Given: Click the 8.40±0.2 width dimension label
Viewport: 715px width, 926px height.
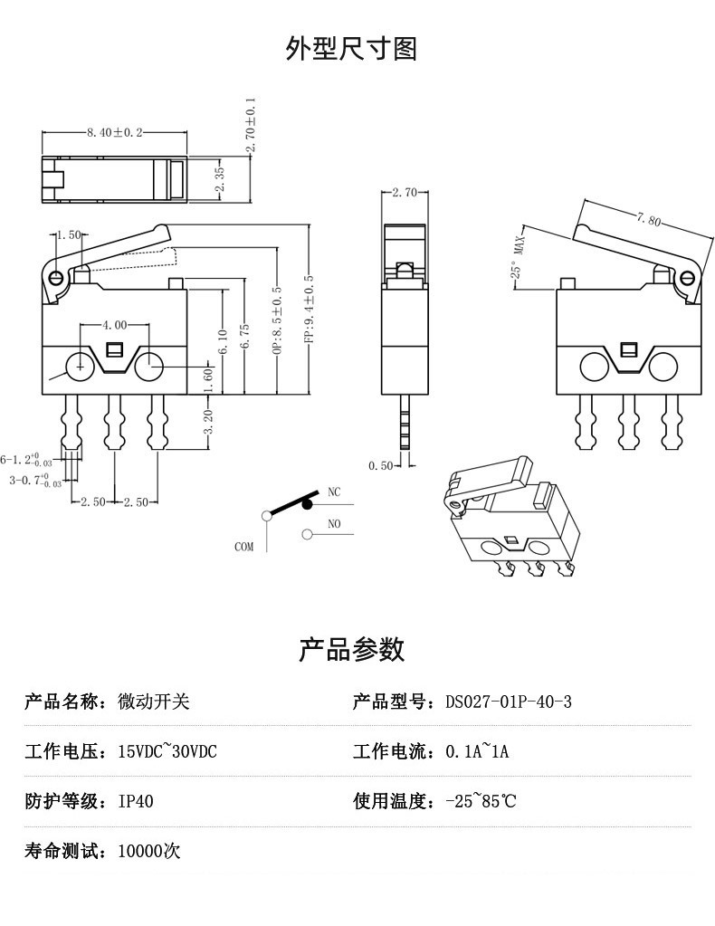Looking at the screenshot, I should (115, 133).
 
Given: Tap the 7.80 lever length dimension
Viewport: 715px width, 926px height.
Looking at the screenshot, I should (649, 220).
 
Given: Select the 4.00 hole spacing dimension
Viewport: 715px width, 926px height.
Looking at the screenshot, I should (113, 324).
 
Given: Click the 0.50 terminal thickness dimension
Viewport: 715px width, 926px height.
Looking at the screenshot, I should (381, 466).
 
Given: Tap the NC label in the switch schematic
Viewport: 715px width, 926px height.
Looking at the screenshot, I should (334, 493).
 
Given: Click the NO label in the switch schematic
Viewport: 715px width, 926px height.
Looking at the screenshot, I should (334, 524).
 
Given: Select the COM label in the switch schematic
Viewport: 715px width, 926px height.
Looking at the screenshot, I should (243, 547).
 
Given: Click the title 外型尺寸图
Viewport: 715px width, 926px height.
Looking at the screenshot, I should (351, 48).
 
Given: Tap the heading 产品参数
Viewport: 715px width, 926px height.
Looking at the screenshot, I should (351, 649).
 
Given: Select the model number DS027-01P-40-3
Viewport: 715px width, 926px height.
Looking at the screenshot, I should (509, 702).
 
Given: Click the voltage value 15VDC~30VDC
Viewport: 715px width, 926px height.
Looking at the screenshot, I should (167, 752).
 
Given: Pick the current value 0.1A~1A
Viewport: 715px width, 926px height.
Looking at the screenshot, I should (478, 752).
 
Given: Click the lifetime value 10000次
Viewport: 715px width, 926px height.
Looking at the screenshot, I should (149, 851).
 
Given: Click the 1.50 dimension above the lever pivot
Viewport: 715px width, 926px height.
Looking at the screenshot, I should (68, 235).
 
